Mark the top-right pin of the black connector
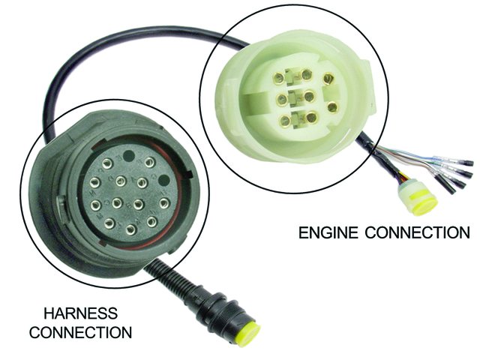pos(149,162)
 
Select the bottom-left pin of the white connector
pos(285,120)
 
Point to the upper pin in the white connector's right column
pos(328,77)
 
